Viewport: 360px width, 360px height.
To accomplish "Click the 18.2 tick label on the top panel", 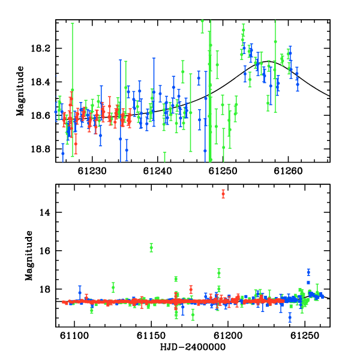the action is (x=41, y=49).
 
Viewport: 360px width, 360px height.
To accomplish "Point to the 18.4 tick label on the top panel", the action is (x=41, y=82).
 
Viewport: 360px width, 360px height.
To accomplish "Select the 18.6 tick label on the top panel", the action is (x=41, y=115).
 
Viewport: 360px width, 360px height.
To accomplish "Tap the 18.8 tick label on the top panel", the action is (x=41, y=149).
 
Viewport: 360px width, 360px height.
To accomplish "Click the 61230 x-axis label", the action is (x=92, y=171).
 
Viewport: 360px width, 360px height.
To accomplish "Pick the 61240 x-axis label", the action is (x=157, y=171).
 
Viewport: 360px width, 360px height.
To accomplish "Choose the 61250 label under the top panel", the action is (x=223, y=171).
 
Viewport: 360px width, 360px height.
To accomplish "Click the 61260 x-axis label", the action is (x=289, y=171).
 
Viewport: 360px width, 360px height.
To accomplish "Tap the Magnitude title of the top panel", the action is (x=20, y=91).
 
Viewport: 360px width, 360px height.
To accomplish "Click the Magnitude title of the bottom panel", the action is (x=29, y=256).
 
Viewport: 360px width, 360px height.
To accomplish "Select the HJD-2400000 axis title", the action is (x=193, y=347).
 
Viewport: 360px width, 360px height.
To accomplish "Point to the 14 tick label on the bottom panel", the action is (x=45, y=212).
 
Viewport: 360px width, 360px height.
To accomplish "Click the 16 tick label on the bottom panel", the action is (x=45, y=251).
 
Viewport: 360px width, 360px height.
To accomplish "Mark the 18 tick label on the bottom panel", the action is (x=45, y=289).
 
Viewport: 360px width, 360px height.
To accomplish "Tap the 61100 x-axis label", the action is (x=74, y=335).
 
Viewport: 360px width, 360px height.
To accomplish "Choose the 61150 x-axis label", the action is (x=151, y=335).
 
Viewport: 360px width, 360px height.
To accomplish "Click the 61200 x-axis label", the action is (x=228, y=335).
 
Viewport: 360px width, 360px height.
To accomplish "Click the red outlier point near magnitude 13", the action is (x=223, y=194).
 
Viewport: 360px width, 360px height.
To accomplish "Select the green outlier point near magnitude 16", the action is (x=151, y=247).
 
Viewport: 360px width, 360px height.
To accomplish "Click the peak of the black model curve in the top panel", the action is (x=268, y=61).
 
